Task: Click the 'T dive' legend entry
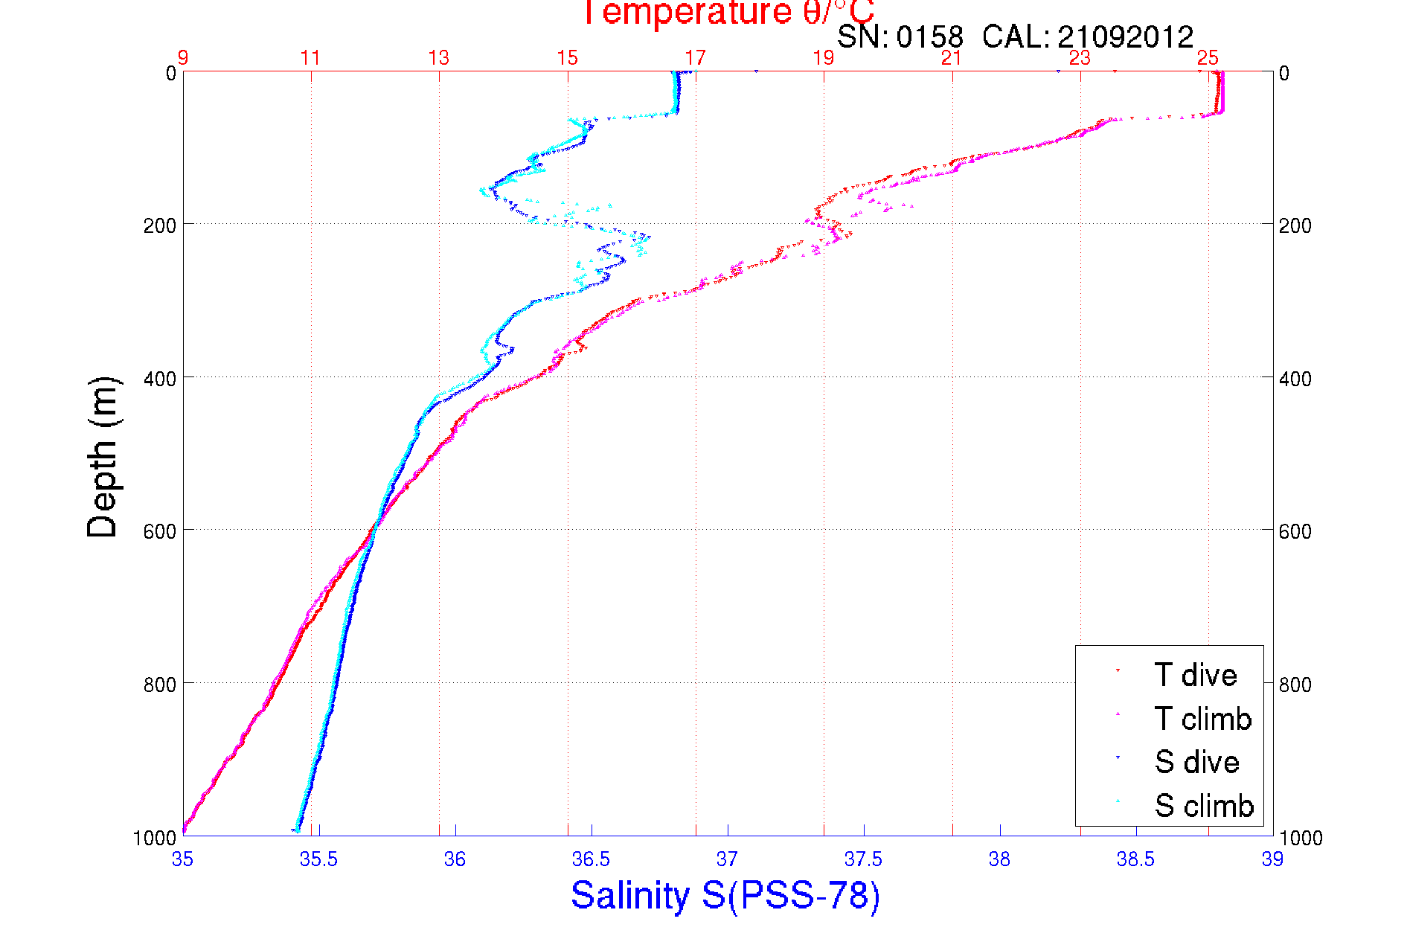[x=1195, y=675]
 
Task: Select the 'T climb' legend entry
[x=1202, y=719]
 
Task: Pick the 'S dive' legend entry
[x=1196, y=762]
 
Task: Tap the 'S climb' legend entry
[x=1204, y=806]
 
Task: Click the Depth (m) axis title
[x=103, y=457]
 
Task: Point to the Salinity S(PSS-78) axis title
[x=725, y=895]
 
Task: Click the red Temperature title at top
[x=728, y=13]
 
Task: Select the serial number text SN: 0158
[x=900, y=36]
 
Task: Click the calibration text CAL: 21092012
[x=1087, y=36]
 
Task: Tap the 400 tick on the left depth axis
[x=160, y=379]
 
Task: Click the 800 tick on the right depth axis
[x=1295, y=684]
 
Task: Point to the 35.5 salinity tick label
[x=318, y=860]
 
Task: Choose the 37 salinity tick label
[x=727, y=860]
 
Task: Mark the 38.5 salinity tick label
[x=1135, y=860]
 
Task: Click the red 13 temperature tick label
[x=439, y=58]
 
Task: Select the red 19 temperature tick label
[x=824, y=58]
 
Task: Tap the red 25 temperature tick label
[x=1208, y=58]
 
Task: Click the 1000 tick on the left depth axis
[x=155, y=839]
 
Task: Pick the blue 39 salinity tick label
[x=1272, y=860]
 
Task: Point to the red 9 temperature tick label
[x=183, y=58]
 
